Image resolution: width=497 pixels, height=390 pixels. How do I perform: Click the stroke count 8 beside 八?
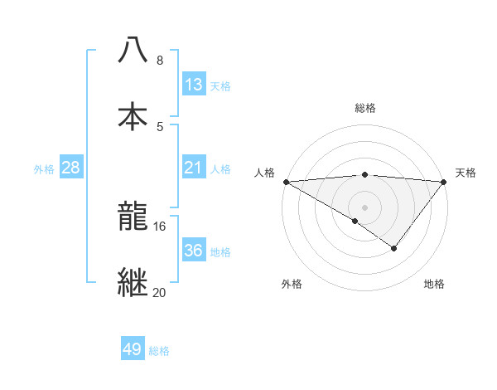[x=159, y=61]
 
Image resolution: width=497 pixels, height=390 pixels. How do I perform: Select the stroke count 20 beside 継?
[x=160, y=291]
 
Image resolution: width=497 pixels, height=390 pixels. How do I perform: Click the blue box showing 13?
[x=193, y=85]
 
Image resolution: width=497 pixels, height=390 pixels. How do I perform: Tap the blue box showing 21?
[x=193, y=168]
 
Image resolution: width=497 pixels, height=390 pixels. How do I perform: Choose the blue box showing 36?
[x=193, y=250]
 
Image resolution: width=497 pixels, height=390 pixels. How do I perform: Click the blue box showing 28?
[x=70, y=168]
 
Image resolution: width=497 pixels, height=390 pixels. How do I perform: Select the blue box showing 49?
[x=133, y=349]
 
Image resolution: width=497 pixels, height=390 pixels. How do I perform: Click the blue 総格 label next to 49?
[x=159, y=351]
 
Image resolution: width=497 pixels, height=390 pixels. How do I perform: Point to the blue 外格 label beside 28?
[x=44, y=169]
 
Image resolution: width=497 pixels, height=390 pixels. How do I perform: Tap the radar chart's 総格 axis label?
[x=365, y=108]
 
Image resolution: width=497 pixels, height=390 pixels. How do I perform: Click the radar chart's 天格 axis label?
[x=466, y=173]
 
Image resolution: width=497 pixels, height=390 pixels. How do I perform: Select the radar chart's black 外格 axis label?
[x=292, y=285]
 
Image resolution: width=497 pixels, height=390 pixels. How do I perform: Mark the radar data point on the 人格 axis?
[x=286, y=182]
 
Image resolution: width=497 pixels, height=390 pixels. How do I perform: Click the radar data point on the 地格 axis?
[x=394, y=248]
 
